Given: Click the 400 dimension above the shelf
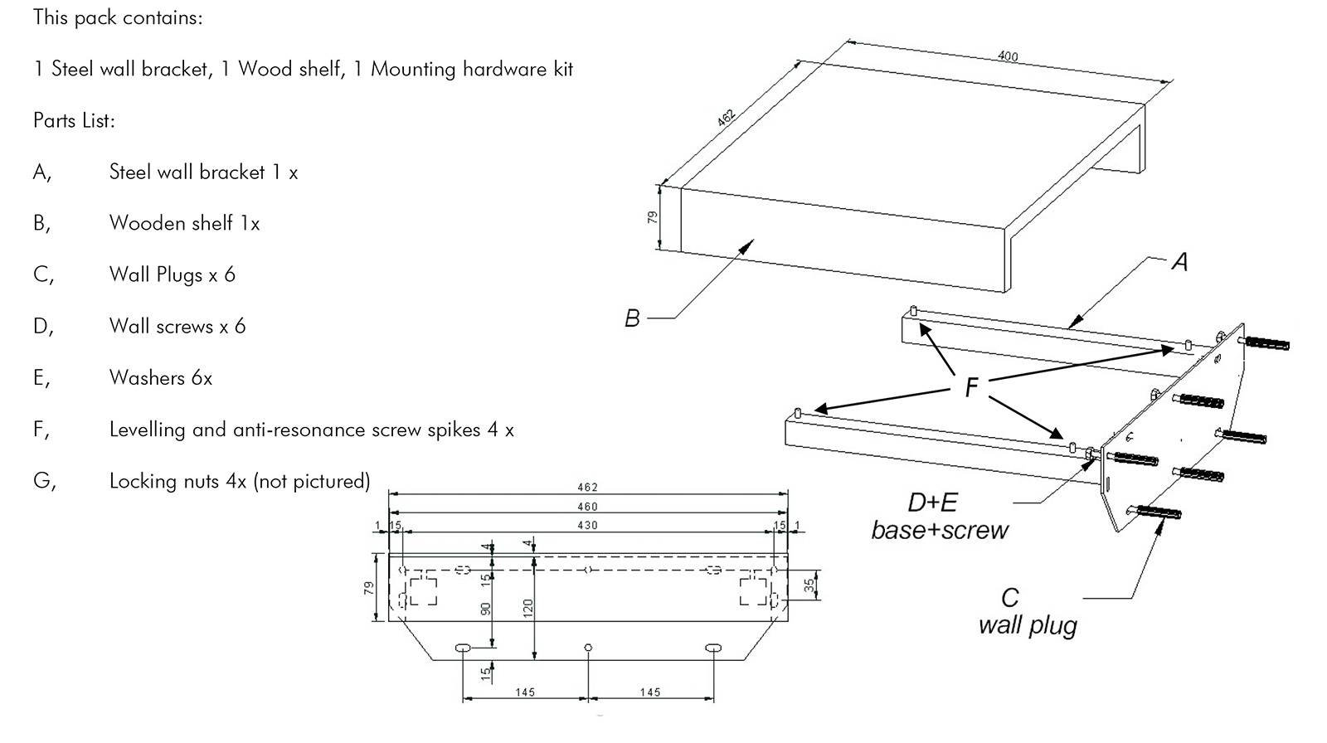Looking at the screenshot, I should tap(1007, 56).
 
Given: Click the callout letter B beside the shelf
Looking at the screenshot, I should tap(632, 318).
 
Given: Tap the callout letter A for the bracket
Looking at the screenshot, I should tap(1179, 262).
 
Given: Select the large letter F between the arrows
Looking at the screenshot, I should tap(971, 387).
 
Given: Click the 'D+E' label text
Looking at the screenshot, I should tap(932, 503).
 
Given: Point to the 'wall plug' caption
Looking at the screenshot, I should tap(1028, 624).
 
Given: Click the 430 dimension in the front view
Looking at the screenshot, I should tap(587, 525).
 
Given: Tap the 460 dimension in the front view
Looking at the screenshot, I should tap(587, 507).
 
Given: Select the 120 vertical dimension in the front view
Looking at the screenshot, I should tap(528, 608).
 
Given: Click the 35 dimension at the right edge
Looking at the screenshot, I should tap(809, 585).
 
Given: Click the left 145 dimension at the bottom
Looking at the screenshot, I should tap(525, 692).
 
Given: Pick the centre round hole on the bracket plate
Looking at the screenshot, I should tap(588, 647).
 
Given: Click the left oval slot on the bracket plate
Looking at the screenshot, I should tap(463, 647).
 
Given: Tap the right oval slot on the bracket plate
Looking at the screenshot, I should tap(712, 647).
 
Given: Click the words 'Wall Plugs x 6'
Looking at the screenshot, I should tap(173, 274).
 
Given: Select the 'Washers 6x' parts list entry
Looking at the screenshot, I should tap(161, 378).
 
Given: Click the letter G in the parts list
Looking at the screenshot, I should tap(44, 481).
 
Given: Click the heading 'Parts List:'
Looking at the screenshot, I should tap(74, 120).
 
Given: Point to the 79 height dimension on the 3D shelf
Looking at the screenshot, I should tap(653, 217).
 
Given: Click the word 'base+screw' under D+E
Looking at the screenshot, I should tap(940, 530).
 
